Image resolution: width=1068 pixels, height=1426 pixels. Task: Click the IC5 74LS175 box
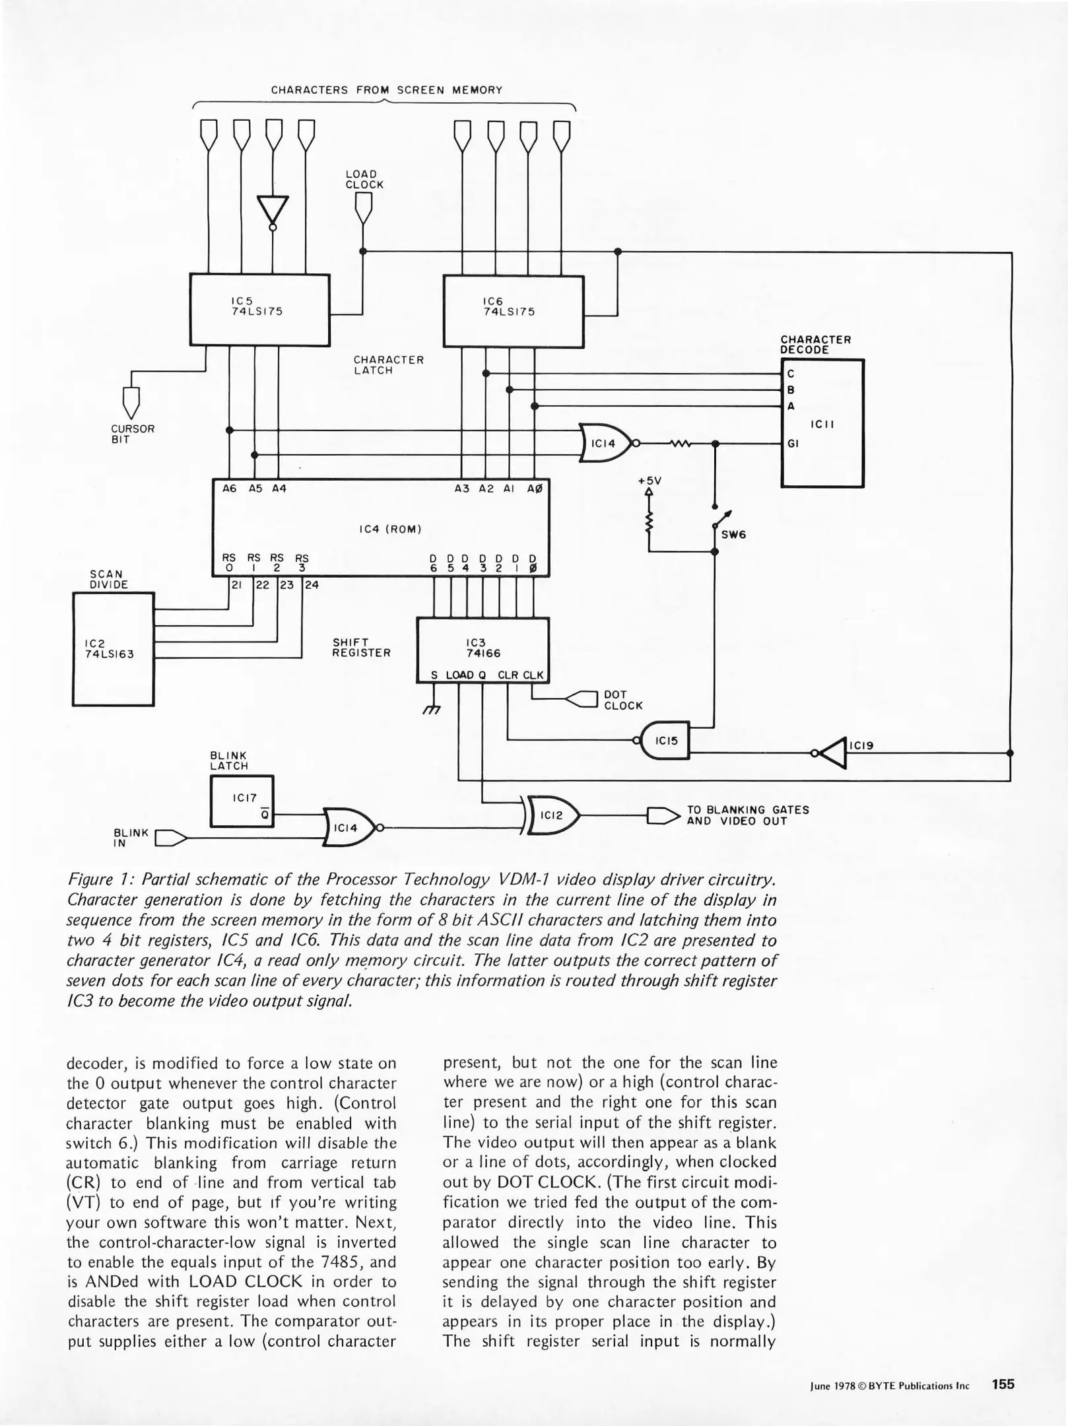pyautogui.click(x=259, y=309)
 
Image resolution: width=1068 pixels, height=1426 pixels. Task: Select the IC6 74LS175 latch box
pyautogui.click(x=513, y=311)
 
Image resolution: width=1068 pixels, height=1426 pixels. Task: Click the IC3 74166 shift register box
pyautogui.click(x=483, y=646)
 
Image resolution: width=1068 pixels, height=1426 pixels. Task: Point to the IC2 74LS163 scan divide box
pyautogui.click(x=113, y=649)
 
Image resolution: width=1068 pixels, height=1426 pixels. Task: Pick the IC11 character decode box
pyautogui.click(x=822, y=423)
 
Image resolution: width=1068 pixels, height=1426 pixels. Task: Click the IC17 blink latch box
pyautogui.click(x=242, y=801)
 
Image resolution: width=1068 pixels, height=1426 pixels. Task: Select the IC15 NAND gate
pyautogui.click(x=666, y=741)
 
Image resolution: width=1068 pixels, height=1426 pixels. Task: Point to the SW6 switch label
pyautogui.click(x=733, y=535)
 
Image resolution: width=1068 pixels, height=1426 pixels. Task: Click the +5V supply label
pyautogui.click(x=650, y=481)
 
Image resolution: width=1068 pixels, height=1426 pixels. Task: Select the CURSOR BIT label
pyautogui.click(x=133, y=434)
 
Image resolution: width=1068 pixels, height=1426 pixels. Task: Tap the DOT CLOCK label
pyautogui.click(x=622, y=700)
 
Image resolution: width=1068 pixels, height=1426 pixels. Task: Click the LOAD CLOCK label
pyautogui.click(x=364, y=180)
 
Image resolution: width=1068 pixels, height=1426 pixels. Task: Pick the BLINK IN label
pyautogui.click(x=131, y=837)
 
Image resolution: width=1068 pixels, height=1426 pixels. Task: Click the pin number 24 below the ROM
pyautogui.click(x=312, y=585)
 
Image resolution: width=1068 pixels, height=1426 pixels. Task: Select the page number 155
pyautogui.click(x=1002, y=1384)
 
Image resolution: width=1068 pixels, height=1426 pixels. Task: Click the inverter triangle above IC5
pyautogui.click(x=273, y=209)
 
